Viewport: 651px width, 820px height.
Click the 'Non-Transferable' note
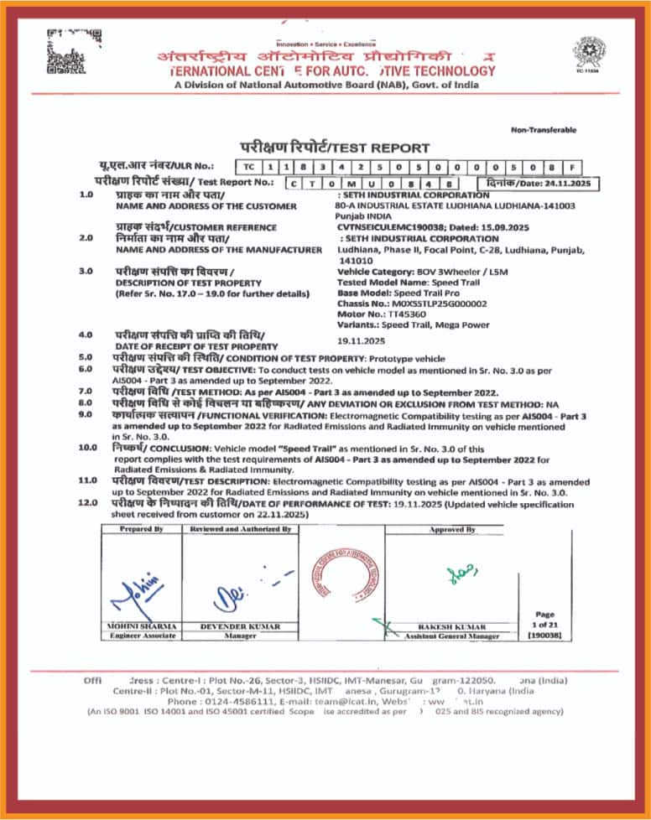pos(544,130)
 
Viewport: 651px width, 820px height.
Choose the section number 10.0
pos(87,449)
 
